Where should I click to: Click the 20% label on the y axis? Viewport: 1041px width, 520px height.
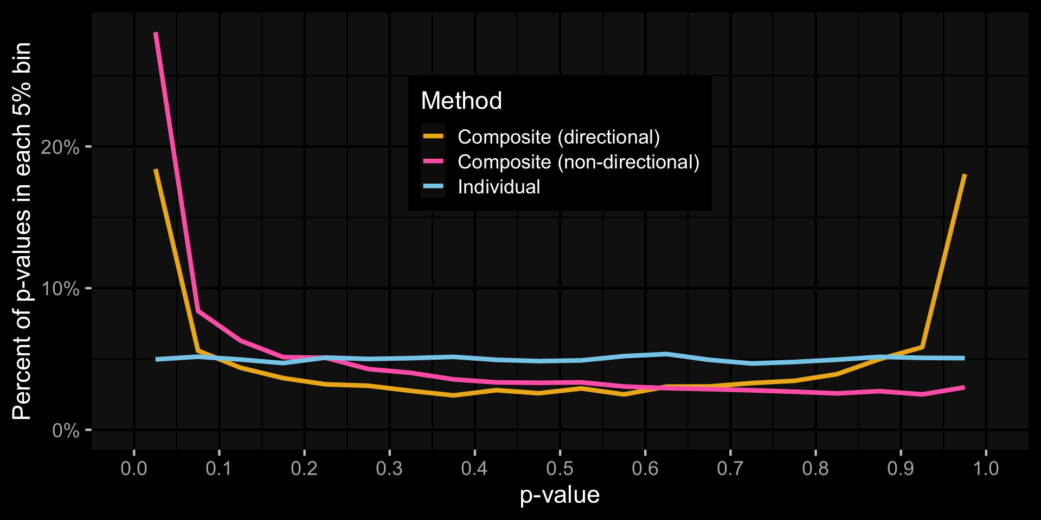(60, 147)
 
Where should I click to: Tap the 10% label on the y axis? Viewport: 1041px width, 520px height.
(60, 289)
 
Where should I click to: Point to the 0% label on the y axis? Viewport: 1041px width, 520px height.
(66, 431)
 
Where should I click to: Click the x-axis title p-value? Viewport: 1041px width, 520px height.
(560, 495)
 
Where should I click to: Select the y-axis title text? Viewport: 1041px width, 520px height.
(22, 231)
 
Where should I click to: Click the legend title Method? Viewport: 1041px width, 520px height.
(461, 101)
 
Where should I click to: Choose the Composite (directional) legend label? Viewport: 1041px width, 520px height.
(558, 137)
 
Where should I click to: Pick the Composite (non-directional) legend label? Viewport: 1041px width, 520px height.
(579, 162)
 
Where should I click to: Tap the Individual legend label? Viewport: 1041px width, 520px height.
(499, 187)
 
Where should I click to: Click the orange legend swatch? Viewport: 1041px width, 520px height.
(433, 136)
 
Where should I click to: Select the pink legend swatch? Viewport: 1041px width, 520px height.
(433, 161)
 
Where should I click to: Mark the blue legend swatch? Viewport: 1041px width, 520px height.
(433, 186)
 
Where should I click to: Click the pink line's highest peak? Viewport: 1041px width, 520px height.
(156, 33)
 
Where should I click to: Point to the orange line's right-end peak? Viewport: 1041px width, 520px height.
(965, 175)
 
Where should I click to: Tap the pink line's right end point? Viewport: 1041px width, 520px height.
(965, 387)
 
